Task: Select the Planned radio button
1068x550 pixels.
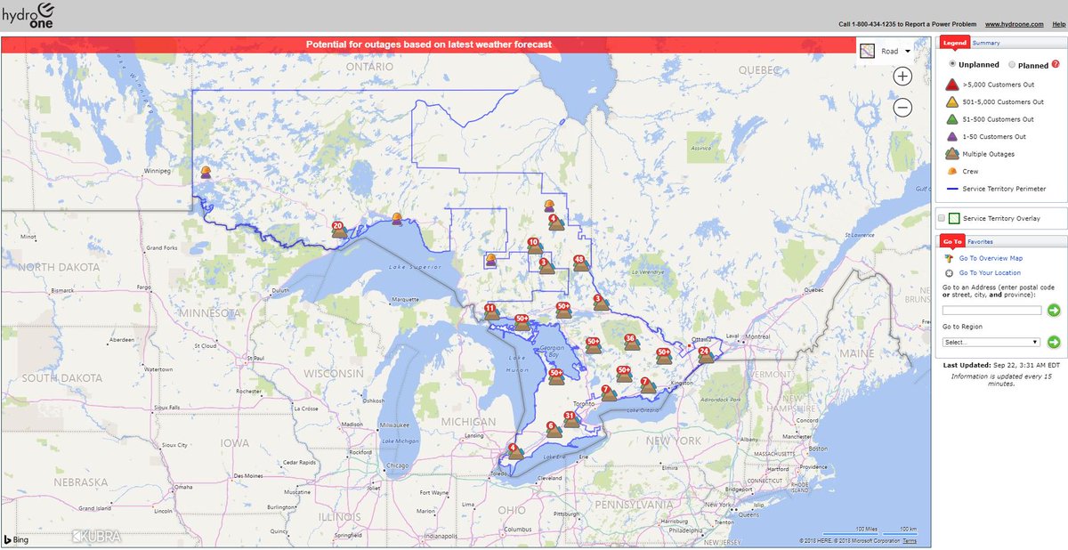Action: coord(1012,65)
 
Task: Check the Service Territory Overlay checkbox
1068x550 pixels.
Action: coord(942,218)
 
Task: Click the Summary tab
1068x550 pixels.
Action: coord(986,43)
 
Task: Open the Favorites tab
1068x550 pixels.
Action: coord(981,241)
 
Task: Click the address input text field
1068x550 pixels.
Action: coord(991,310)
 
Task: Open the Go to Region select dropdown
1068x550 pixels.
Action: coord(991,342)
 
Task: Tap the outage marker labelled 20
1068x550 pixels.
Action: coord(338,230)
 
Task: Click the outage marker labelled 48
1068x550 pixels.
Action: coord(580,263)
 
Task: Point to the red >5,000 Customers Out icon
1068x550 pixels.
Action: coord(951,85)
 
